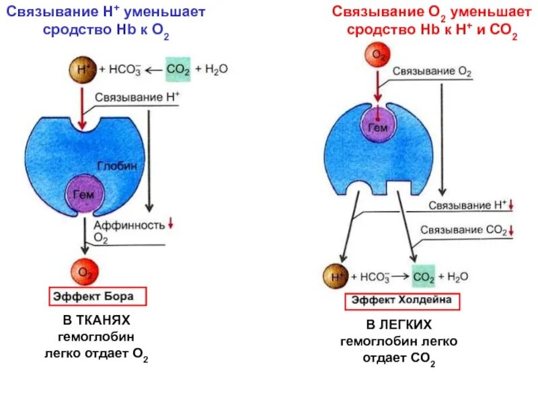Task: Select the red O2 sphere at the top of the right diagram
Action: pyautogui.click(x=379, y=55)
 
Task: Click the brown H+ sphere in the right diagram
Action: pyautogui.click(x=334, y=276)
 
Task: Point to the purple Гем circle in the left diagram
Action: pyautogui.click(x=84, y=194)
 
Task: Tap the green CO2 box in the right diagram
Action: pyautogui.click(x=424, y=277)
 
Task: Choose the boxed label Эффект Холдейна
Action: pyautogui.click(x=402, y=301)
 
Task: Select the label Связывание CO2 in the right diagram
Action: pyautogui.click(x=463, y=230)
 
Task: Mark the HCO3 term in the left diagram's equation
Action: pyautogui.click(x=124, y=69)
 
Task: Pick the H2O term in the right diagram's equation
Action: pyautogui.click(x=457, y=277)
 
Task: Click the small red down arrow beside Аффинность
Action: pyautogui.click(x=170, y=223)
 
